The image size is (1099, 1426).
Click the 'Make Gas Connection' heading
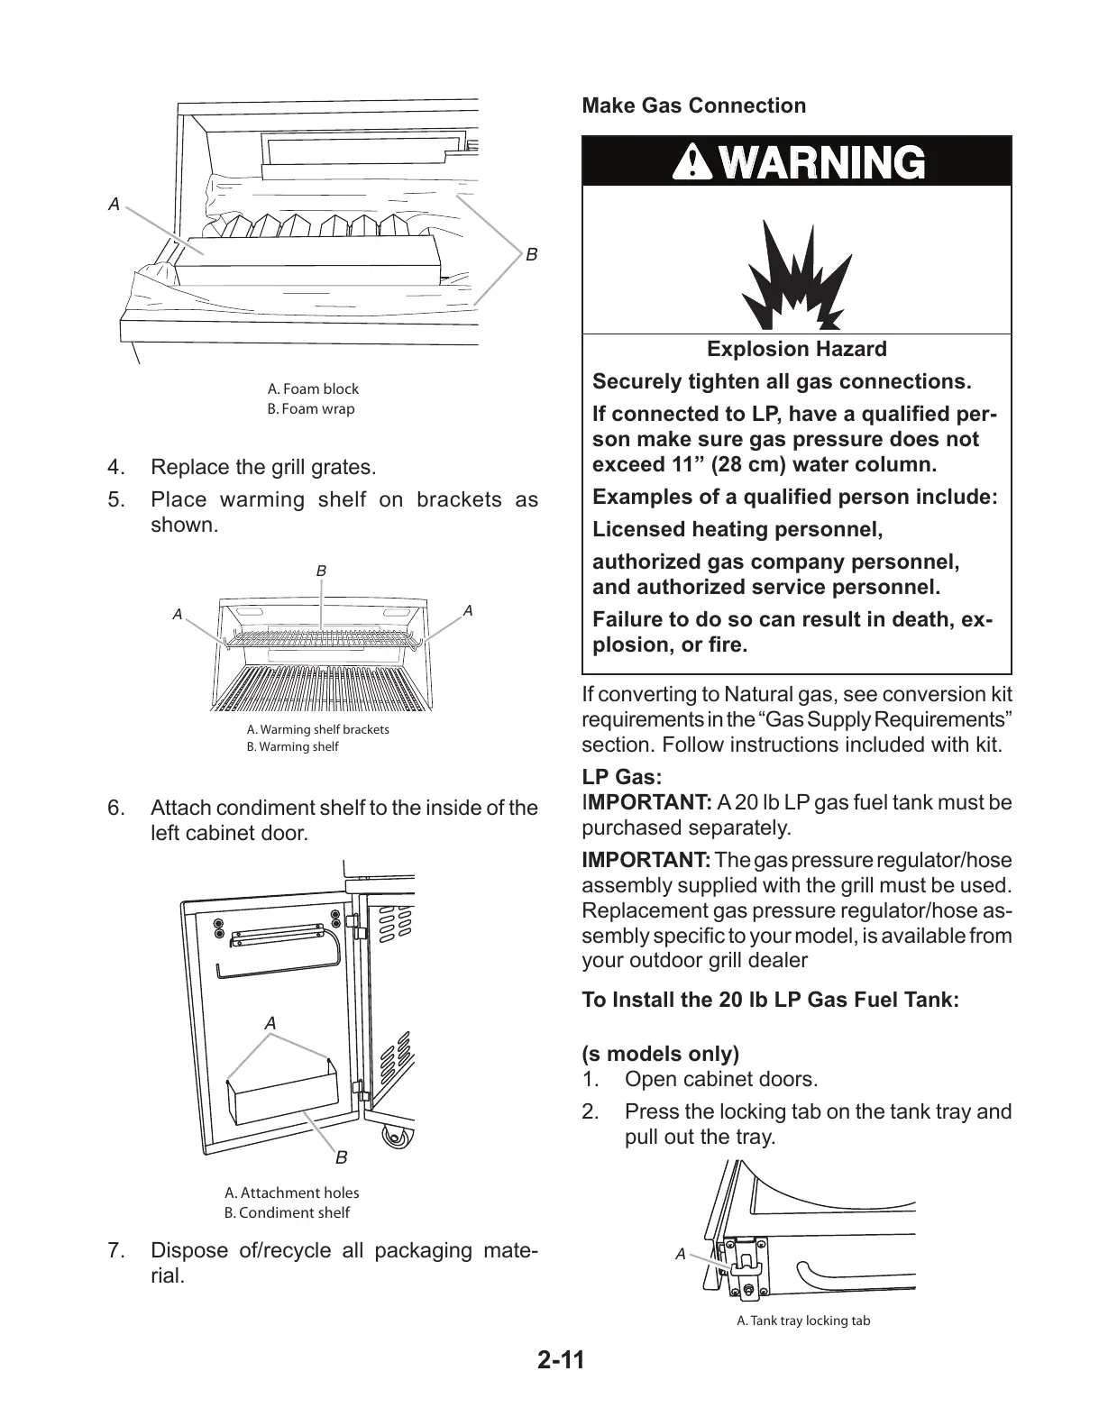click(693, 105)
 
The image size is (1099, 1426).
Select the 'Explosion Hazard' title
click(796, 349)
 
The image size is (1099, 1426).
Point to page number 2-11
click(561, 1358)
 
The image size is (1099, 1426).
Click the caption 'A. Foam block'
click(313, 388)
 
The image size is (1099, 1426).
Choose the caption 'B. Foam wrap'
click(311, 408)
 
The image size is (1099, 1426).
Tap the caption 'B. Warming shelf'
click(293, 746)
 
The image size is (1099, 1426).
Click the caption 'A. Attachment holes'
click(291, 1193)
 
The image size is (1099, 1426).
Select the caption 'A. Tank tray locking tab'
click(803, 1321)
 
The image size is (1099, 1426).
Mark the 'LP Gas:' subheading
click(622, 776)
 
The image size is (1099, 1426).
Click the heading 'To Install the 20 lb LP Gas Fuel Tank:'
click(770, 1000)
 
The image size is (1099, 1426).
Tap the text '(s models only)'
click(660, 1054)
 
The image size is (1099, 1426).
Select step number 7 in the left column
click(114, 1250)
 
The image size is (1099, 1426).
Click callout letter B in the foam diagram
click(531, 255)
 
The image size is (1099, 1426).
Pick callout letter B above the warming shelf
click(321, 571)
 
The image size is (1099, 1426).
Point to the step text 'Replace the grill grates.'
click(262, 467)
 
